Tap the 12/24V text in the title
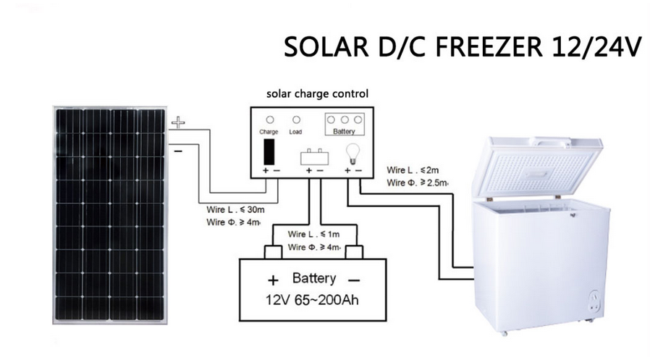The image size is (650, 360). pyautogui.click(x=593, y=46)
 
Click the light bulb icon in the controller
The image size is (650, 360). pyautogui.click(x=353, y=152)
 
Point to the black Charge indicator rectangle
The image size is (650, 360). pyautogui.click(x=269, y=151)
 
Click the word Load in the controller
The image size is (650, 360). pyautogui.click(x=295, y=132)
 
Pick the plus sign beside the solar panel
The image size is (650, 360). pyautogui.click(x=178, y=124)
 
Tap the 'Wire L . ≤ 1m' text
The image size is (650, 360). pyautogui.click(x=313, y=235)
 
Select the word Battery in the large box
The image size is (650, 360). pyautogui.click(x=313, y=279)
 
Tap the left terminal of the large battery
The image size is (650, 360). pyautogui.click(x=273, y=252)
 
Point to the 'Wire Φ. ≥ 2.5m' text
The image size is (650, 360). pyautogui.click(x=417, y=183)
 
